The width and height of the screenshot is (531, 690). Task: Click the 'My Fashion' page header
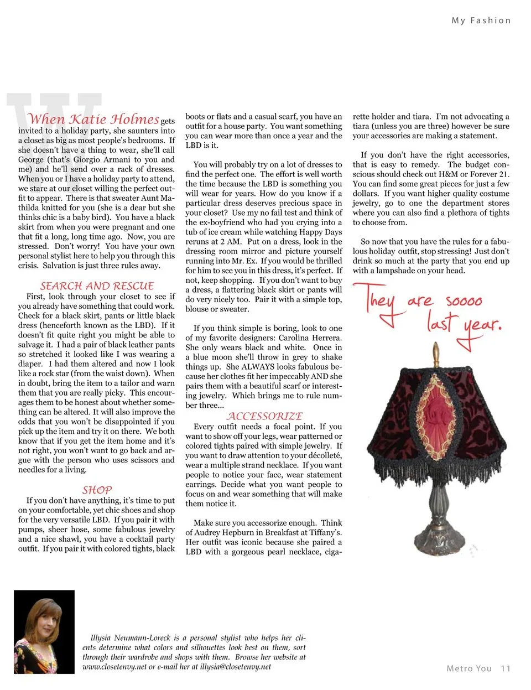coord(481,20)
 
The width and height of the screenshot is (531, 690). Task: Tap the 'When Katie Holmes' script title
coord(93,119)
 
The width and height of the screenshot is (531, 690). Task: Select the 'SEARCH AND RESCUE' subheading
coord(97,286)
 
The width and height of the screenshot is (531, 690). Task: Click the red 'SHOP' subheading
coord(97,490)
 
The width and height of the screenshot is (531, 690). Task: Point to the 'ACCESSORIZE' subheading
coord(264,416)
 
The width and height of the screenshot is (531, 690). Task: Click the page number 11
coord(506,668)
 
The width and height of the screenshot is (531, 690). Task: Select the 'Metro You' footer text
coord(469,668)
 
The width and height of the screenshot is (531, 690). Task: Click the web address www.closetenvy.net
coord(114,667)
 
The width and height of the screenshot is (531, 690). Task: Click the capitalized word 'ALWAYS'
coord(260,367)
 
